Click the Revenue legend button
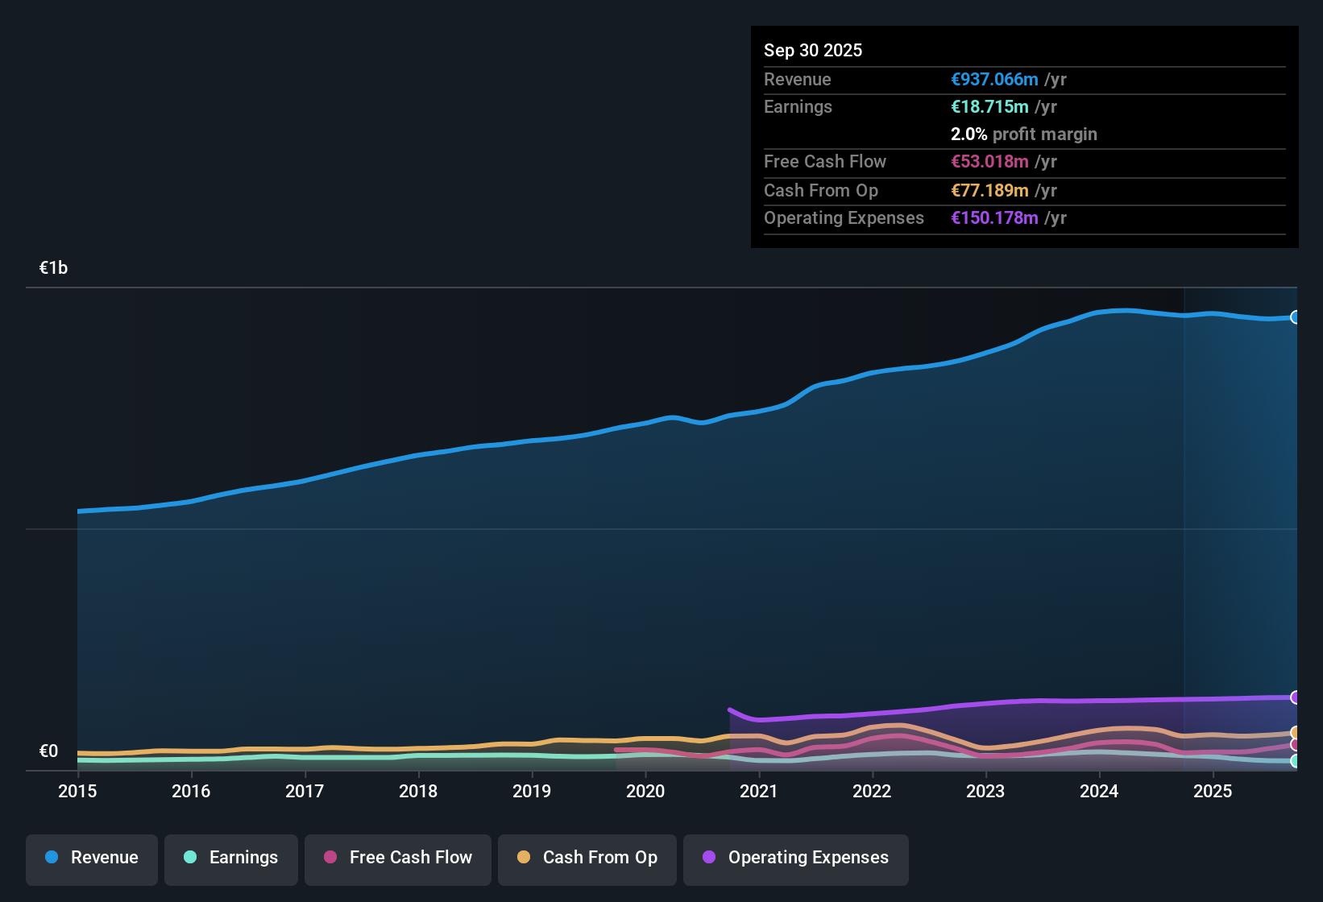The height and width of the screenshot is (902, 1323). (x=92, y=858)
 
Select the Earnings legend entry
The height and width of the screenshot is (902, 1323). (x=231, y=858)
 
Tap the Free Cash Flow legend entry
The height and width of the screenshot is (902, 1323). (x=398, y=858)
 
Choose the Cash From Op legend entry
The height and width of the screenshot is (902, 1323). (x=587, y=858)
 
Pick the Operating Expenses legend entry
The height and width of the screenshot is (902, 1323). (x=796, y=858)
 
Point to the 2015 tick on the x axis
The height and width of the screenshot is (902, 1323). (x=77, y=791)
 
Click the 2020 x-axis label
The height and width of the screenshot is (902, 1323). (x=645, y=791)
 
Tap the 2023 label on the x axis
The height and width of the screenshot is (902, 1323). (x=985, y=791)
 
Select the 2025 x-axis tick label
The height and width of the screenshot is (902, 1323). (x=1213, y=791)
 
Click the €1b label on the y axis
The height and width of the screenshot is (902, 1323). (x=54, y=268)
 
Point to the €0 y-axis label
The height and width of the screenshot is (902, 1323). (x=49, y=751)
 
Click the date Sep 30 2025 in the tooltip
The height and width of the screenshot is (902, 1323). (x=813, y=50)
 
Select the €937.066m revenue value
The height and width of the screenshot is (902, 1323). (x=994, y=80)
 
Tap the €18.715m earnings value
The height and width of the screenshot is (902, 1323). (x=989, y=107)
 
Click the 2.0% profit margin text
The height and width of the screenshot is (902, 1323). (x=1024, y=134)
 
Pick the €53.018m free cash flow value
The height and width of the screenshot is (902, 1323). (x=989, y=162)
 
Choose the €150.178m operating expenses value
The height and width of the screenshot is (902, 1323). (x=994, y=218)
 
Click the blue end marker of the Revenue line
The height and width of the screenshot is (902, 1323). (x=1296, y=317)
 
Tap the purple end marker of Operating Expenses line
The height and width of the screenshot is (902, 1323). (x=1296, y=697)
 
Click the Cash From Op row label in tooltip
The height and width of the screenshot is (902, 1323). (x=821, y=191)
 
